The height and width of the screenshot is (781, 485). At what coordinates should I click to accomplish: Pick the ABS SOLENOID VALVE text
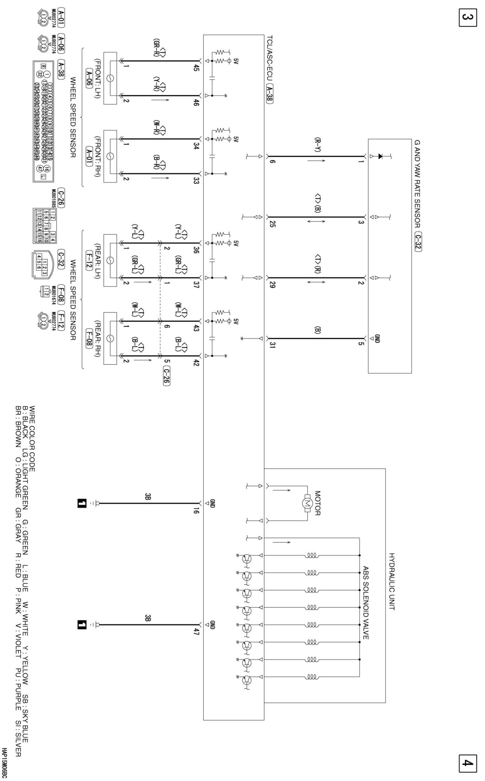pos(366,603)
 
